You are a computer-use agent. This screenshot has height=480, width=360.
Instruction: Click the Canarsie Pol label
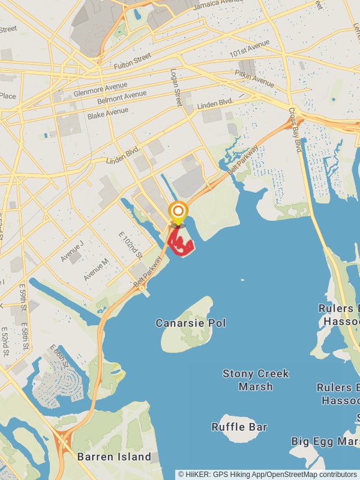(x=191, y=323)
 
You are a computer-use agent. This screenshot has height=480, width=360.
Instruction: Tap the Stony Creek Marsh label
(x=256, y=380)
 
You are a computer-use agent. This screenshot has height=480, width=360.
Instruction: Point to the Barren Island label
(x=114, y=457)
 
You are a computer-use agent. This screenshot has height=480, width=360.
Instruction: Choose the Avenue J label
(x=71, y=250)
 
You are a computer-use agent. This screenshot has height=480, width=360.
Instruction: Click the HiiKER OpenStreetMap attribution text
(x=268, y=474)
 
